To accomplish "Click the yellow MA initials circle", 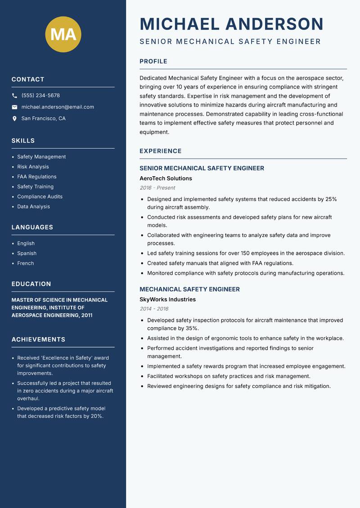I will [63, 34].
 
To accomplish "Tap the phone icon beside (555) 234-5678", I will [14, 96].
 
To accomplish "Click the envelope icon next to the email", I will [14, 107].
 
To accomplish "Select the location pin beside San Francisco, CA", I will [14, 119].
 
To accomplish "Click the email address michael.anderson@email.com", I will [58, 107].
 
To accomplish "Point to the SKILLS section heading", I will [23, 141].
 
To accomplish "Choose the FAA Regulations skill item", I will [37, 177].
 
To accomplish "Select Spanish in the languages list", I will [27, 254].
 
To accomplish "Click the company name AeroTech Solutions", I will [166, 178].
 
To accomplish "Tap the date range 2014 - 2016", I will [154, 309].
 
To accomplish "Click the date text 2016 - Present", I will [157, 188].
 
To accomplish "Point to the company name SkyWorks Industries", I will [167, 299].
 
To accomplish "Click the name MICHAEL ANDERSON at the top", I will [231, 24].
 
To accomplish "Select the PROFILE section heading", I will [153, 62].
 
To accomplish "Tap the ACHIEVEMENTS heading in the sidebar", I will [38, 339].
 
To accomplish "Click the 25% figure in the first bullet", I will [331, 199].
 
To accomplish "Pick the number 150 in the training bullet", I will [249, 253].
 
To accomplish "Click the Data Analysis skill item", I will [33, 207].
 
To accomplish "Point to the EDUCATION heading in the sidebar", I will [31, 284].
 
